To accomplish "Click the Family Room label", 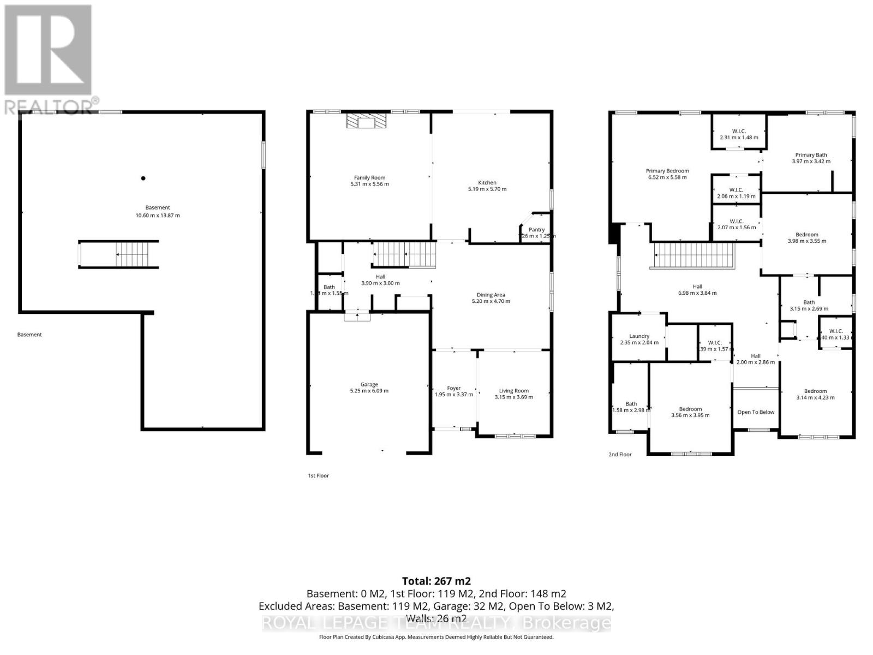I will pyautogui.click(x=369, y=178).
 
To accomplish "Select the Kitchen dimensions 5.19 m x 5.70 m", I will pyautogui.click(x=487, y=189).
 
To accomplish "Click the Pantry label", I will pyautogui.click(x=536, y=230).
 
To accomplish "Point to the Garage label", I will pyautogui.click(x=369, y=385).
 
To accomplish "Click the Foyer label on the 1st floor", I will pyautogui.click(x=453, y=389).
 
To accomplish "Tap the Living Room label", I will pyautogui.click(x=513, y=391).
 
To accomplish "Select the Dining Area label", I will pyautogui.click(x=491, y=295).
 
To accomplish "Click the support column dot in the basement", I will pyautogui.click(x=143, y=178).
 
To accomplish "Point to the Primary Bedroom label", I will pyautogui.click(x=667, y=171).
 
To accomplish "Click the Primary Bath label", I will pyautogui.click(x=811, y=155).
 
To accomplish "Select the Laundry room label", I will pyautogui.click(x=639, y=336).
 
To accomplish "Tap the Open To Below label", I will pyautogui.click(x=756, y=412).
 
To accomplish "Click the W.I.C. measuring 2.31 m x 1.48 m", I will pyautogui.click(x=739, y=134).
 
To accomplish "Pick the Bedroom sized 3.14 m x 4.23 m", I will pyautogui.click(x=815, y=394).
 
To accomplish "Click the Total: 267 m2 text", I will pyautogui.click(x=436, y=581).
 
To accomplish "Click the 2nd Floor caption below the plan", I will pyautogui.click(x=620, y=454).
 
